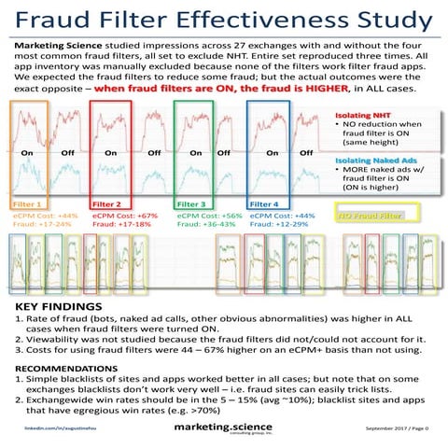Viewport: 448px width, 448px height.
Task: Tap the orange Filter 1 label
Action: pyautogui.click(x=27, y=203)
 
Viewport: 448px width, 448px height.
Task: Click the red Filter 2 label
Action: pyautogui.click(x=107, y=203)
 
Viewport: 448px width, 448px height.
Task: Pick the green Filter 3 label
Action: pyautogui.click(x=190, y=203)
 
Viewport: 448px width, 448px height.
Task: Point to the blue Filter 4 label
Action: pyautogui.click(x=264, y=203)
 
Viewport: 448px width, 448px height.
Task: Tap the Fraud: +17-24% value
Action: pyautogui.click(x=43, y=224)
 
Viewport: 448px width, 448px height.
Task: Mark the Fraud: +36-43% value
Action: pyautogui.click(x=206, y=224)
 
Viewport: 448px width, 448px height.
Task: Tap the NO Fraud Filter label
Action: pyautogui.click(x=370, y=216)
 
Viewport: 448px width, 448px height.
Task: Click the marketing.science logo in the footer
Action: pyautogui.click(x=221, y=426)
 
